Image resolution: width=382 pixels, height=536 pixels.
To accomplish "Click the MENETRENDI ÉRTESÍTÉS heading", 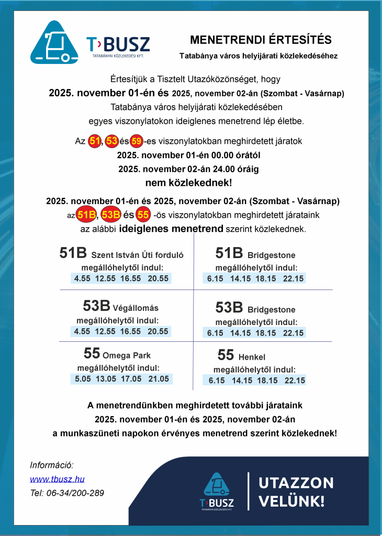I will click(260, 40).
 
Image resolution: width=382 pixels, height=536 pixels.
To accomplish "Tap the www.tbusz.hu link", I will click(57, 479).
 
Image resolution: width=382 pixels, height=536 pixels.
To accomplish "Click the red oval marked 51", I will click(95, 141).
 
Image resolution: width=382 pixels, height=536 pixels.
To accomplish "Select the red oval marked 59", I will click(137, 141).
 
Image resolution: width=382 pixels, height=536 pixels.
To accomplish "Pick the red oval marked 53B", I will click(110, 215).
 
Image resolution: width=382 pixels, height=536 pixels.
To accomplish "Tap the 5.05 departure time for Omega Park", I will click(83, 379).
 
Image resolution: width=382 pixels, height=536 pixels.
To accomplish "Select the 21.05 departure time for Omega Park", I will click(159, 379).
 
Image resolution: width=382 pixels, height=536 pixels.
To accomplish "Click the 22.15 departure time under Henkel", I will click(293, 381).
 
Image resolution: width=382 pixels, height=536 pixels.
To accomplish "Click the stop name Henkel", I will click(252, 358).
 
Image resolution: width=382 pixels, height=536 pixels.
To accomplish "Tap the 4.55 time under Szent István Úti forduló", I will click(83, 278).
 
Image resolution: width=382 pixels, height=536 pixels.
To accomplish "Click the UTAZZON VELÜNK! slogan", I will click(296, 491).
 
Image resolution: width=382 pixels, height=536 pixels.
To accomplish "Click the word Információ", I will click(52, 465).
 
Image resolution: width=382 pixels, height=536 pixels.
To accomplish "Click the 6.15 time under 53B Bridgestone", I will click(215, 333).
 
